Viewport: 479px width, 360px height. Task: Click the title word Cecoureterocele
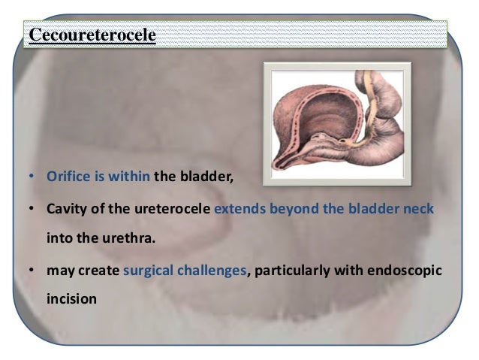92,36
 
